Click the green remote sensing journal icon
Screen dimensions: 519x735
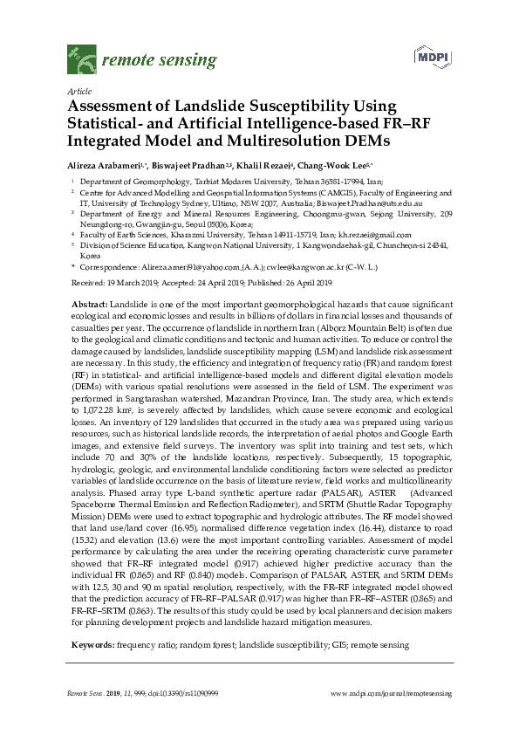tap(82, 60)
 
